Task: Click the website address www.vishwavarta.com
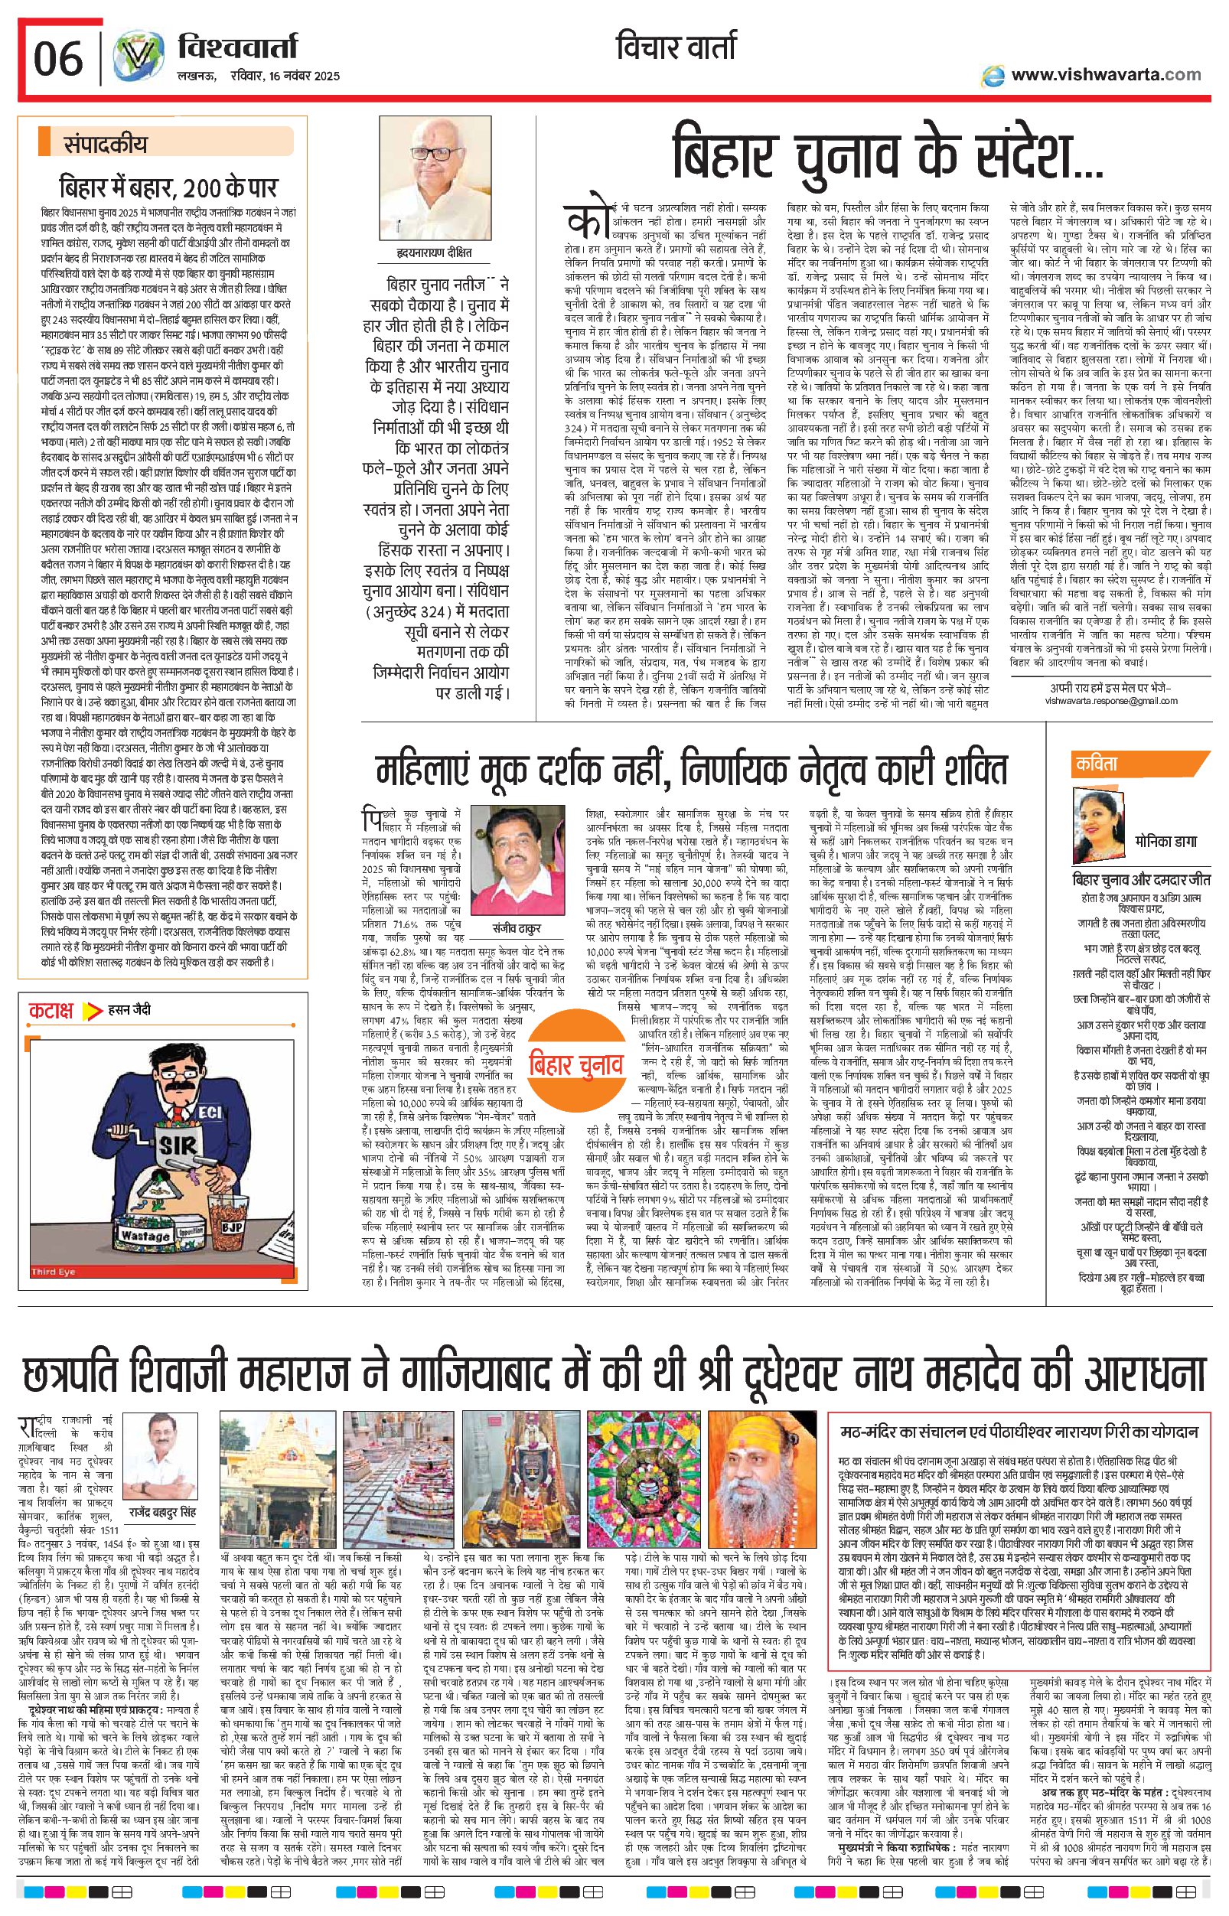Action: coord(1105,74)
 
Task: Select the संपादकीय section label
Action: coord(106,145)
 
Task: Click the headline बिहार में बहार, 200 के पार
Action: coord(168,188)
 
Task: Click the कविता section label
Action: coord(1097,764)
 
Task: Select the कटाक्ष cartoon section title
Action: coord(51,1011)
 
